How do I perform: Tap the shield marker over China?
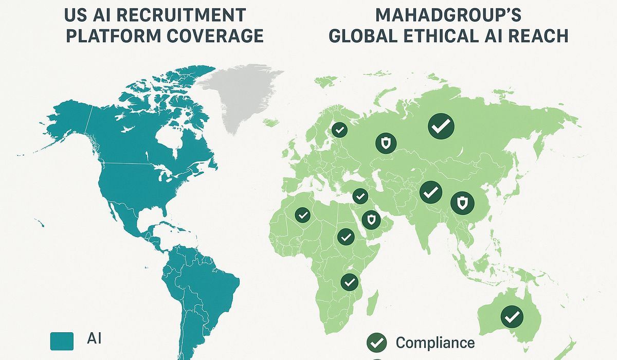[x=461, y=202]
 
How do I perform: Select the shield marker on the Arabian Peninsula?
[x=371, y=220]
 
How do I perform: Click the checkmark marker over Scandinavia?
[x=338, y=129]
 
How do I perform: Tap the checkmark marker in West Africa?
[x=302, y=214]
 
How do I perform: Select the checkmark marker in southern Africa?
[x=349, y=281]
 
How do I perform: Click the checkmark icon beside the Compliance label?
[x=376, y=341]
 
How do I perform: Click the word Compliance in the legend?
[x=435, y=342]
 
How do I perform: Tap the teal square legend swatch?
[x=62, y=341]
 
